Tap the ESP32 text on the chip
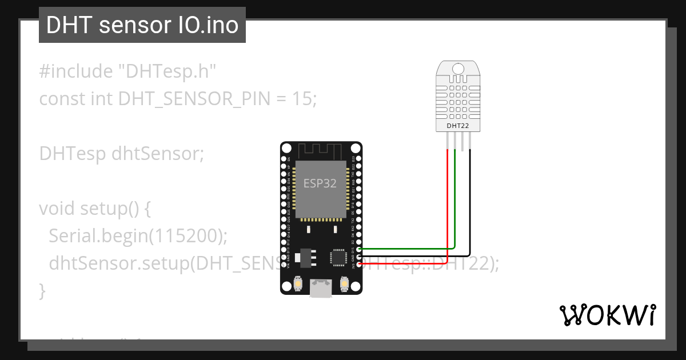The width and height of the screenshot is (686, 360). coord(320,183)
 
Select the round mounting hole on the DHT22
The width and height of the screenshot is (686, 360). coord(457,69)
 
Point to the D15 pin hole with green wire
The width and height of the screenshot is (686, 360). coord(358,249)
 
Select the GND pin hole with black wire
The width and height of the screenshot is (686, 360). coord(358,256)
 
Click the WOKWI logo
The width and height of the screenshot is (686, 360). coord(607,315)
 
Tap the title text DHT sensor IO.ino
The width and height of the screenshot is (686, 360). coord(142,25)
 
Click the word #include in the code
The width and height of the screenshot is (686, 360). coord(76,71)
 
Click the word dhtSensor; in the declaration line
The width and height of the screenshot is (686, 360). coord(158,154)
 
